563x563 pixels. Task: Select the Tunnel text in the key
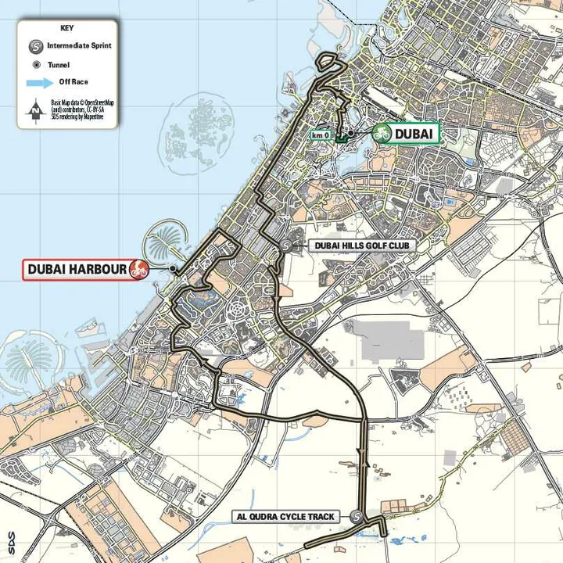pyautogui.click(x=59, y=65)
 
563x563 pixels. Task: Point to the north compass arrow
pyautogui.click(x=34, y=110)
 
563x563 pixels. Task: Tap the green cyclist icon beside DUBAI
pyautogui.click(x=382, y=134)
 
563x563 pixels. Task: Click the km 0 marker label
pyautogui.click(x=321, y=135)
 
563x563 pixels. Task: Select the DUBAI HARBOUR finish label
pyautogui.click(x=77, y=270)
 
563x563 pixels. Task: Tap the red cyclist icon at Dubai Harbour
pyautogui.click(x=139, y=270)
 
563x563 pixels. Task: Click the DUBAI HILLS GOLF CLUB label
pyautogui.click(x=362, y=246)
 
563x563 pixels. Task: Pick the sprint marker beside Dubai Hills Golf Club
pyautogui.click(x=286, y=245)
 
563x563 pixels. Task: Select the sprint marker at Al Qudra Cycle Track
pyautogui.click(x=357, y=516)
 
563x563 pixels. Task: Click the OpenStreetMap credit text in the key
pyautogui.click(x=82, y=107)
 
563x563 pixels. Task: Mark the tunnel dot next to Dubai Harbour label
pyautogui.click(x=173, y=269)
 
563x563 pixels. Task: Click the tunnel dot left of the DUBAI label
pyautogui.click(x=351, y=134)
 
